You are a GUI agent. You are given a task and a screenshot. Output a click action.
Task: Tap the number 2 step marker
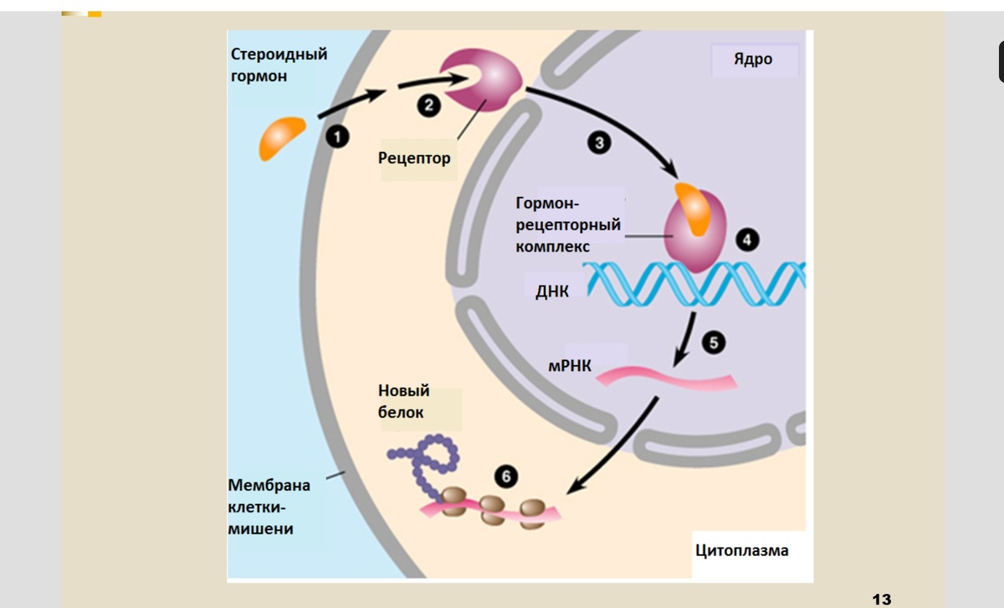(x=428, y=106)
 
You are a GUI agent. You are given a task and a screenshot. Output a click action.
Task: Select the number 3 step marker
(x=598, y=143)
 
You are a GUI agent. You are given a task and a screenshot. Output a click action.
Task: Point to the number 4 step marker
(x=747, y=240)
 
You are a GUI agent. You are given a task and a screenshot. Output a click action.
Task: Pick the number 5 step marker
(x=714, y=342)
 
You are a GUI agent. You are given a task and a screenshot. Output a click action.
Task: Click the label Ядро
(x=753, y=59)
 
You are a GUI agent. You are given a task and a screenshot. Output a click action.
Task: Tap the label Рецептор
(x=414, y=157)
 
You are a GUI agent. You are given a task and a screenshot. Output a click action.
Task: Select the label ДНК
(x=552, y=291)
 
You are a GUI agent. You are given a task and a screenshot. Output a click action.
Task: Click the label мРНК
(x=571, y=366)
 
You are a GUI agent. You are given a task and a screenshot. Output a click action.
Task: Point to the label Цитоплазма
(x=741, y=550)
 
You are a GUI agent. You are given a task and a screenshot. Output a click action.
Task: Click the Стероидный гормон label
(x=279, y=64)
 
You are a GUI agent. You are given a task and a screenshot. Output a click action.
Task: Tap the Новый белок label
(x=404, y=401)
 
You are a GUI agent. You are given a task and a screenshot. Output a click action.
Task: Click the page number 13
(x=881, y=599)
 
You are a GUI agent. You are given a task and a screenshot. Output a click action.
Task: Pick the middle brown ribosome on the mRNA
(x=493, y=509)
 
